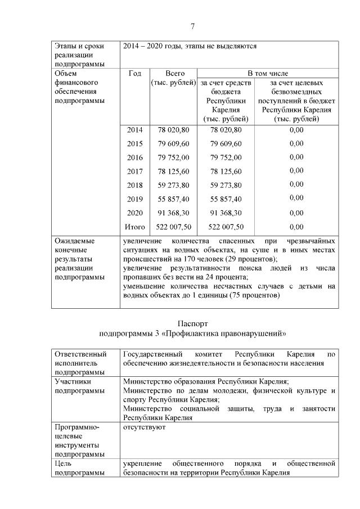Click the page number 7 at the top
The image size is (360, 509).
coord(192,26)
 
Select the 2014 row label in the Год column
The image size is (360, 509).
coord(135,130)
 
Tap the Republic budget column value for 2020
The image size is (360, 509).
coord(226,213)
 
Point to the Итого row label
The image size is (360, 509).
coord(135,227)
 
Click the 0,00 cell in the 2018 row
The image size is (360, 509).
coord(296,185)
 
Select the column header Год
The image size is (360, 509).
coord(135,74)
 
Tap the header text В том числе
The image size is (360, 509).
coord(268,74)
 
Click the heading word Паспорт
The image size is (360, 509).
coord(192,324)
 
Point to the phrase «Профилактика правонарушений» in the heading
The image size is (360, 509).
coord(238,334)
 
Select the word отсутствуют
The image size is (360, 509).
coord(144,428)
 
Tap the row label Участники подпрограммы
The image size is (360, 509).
coord(79,386)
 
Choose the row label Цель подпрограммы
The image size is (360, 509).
coord(79,469)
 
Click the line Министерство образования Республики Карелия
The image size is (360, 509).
coord(206,381)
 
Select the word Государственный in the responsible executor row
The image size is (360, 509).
coord(152,354)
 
